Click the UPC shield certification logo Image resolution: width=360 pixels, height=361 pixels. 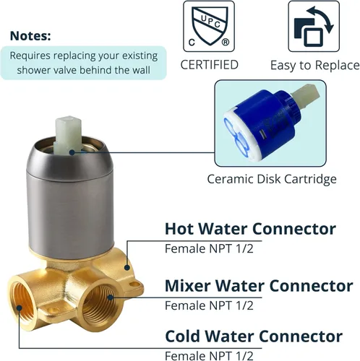(x=209, y=26)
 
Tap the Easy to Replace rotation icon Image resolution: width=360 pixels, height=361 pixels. (x=314, y=26)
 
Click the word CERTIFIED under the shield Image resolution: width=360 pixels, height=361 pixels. (x=210, y=65)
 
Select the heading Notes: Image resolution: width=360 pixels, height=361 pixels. (x=30, y=36)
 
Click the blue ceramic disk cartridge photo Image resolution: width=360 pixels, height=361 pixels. (x=270, y=123)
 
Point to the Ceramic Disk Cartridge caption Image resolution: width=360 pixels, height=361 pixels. (x=272, y=179)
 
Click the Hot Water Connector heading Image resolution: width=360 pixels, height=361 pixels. (x=250, y=229)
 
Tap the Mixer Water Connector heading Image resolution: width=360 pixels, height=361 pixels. (x=259, y=286)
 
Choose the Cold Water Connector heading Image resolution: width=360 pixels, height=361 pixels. (x=254, y=336)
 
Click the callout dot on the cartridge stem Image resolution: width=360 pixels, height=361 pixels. (x=72, y=152)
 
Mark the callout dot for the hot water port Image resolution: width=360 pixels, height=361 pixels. (x=127, y=267)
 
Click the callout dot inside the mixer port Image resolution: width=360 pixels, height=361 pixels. (x=111, y=297)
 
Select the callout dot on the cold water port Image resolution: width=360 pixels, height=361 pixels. (x=20, y=308)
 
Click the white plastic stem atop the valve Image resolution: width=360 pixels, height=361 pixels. (x=69, y=135)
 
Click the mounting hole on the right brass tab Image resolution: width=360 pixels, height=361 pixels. (x=134, y=284)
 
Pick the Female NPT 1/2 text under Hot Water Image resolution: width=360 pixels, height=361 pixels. (x=209, y=248)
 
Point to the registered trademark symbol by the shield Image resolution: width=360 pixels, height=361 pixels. (x=226, y=43)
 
